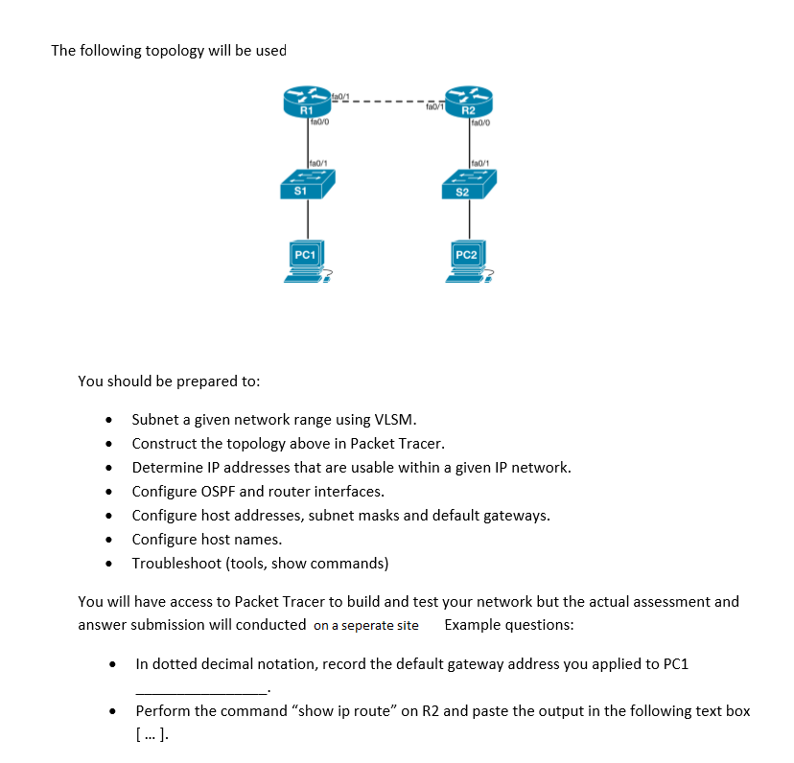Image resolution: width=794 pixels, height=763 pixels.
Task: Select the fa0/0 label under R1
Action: pos(320,122)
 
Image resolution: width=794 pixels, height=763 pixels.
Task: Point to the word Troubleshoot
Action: pos(176,564)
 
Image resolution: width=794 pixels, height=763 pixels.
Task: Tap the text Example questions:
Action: pos(509,625)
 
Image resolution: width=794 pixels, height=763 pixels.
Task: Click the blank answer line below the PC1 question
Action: pos(202,689)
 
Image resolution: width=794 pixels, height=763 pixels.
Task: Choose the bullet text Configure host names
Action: pos(206,540)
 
